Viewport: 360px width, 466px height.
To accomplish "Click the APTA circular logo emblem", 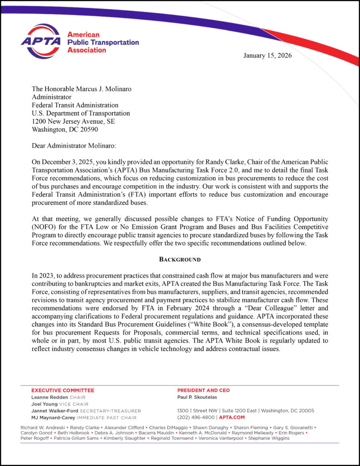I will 41,41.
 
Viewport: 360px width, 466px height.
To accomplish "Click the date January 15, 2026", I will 267,56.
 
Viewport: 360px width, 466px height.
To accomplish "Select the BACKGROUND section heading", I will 180,259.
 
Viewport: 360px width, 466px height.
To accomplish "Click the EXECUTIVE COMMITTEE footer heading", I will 62,390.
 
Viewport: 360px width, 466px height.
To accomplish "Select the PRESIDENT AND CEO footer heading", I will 203,390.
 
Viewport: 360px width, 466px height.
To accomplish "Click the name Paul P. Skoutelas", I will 197,397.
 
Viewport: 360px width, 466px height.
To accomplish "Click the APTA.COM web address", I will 232,417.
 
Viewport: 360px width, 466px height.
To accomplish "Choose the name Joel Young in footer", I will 44,404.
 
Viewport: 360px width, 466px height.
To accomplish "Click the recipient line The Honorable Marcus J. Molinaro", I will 81,89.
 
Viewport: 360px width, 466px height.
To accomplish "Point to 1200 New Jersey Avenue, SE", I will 73,122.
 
